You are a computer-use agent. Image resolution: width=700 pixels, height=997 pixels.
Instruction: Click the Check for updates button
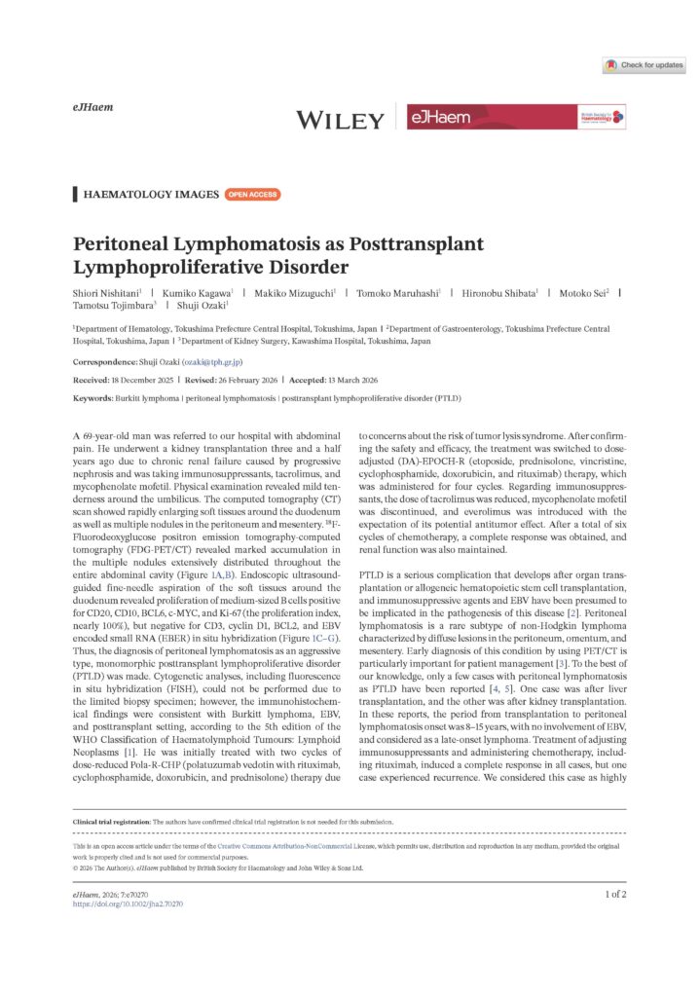coord(644,65)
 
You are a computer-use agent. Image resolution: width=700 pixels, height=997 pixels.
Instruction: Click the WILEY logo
coord(340,120)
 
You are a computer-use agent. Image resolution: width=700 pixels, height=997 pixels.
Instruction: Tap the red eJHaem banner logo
coord(516,118)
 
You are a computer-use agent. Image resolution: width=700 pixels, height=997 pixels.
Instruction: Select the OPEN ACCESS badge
coord(252,195)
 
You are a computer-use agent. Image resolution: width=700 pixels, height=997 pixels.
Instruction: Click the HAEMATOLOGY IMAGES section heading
coord(151,195)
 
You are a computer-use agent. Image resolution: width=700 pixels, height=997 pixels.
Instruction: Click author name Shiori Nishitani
coord(108,291)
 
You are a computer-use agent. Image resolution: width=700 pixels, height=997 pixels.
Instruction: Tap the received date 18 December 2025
coord(157,379)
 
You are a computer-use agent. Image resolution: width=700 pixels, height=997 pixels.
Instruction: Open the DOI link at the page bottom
coord(128,904)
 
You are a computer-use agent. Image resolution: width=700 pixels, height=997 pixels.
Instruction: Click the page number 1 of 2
coord(615,893)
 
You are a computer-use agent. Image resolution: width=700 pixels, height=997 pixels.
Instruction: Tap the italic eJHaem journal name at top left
coord(93,107)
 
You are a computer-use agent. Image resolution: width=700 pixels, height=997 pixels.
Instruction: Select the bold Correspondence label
coord(105,362)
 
